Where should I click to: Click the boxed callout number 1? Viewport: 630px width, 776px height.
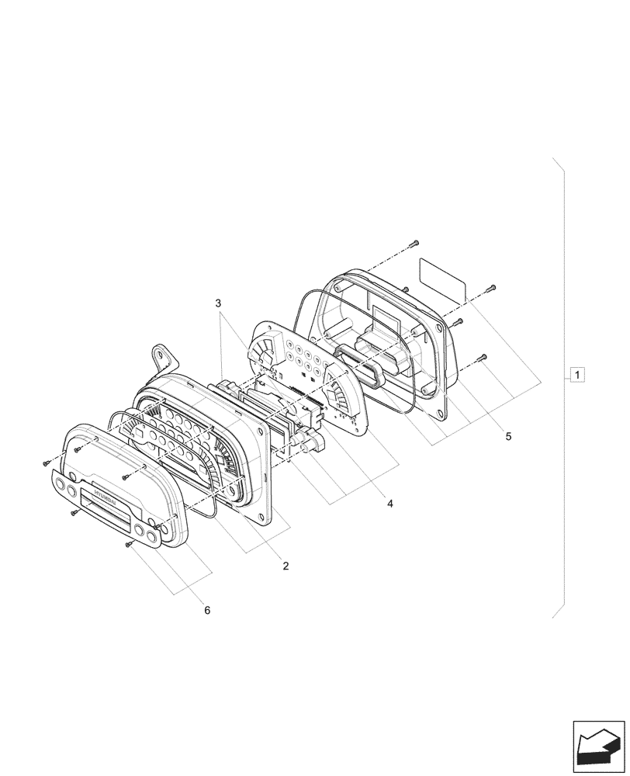coord(577,376)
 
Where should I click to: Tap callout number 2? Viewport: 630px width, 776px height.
coord(286,566)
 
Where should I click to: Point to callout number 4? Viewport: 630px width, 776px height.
coord(390,504)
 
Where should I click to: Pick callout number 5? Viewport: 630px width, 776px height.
coord(508,436)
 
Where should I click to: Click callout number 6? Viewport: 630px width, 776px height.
coord(207,610)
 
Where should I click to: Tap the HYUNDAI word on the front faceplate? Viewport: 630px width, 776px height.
coord(103,494)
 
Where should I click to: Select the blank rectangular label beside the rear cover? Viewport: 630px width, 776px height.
coord(443,280)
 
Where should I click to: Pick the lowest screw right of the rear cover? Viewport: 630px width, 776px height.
coord(482,357)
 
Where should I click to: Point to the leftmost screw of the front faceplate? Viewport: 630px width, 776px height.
coord(47,463)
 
